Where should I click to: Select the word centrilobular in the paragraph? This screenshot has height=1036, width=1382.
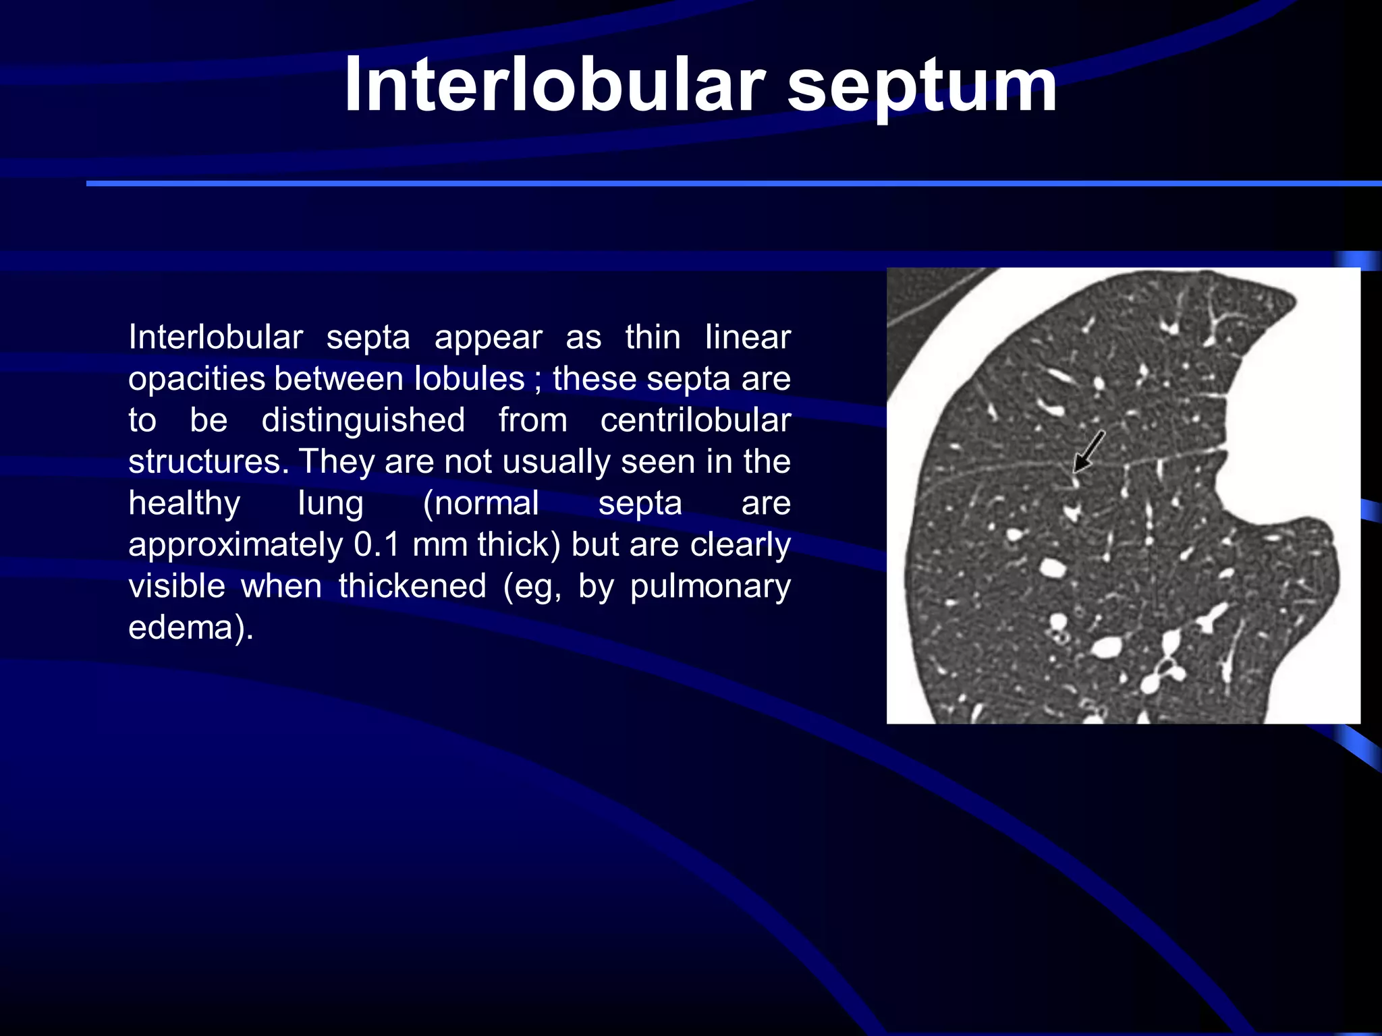point(695,420)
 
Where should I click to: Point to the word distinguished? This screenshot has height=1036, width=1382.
point(363,420)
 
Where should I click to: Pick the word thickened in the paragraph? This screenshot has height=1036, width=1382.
point(412,585)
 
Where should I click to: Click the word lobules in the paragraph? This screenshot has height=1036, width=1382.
point(469,378)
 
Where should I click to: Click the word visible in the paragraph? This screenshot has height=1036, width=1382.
point(177,585)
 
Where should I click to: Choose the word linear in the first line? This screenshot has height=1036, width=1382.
point(747,337)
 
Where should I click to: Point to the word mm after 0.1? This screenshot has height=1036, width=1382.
point(441,545)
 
